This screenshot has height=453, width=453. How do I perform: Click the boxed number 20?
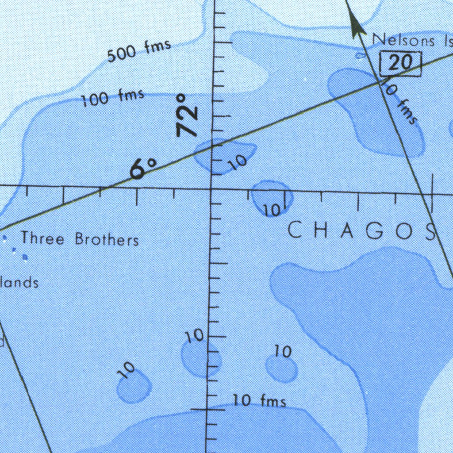click(400, 63)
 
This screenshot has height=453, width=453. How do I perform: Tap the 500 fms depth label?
click(139, 50)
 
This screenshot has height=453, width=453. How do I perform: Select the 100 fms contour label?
click(113, 97)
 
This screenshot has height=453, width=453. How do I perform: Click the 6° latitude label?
click(143, 168)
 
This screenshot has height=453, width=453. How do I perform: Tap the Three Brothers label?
click(80, 239)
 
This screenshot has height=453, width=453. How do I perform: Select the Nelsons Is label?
click(411, 40)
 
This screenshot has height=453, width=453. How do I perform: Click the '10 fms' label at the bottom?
click(260, 401)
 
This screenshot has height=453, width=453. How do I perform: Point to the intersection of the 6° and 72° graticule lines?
click(211, 189)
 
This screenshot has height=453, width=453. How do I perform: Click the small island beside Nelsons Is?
click(360, 55)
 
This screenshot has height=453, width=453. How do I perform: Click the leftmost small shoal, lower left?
click(134, 386)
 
